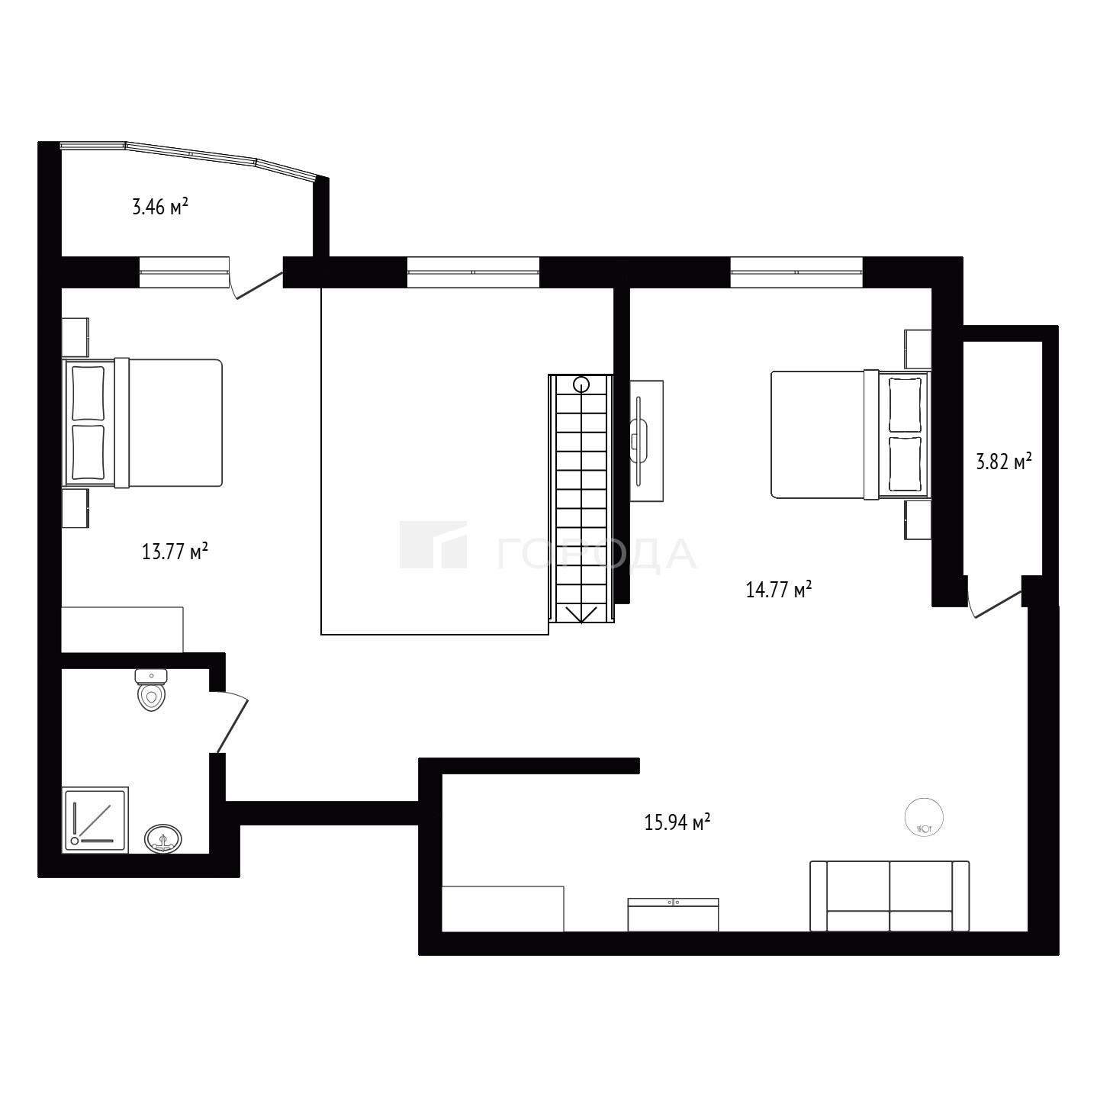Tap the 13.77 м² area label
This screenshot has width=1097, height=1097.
[x=174, y=552]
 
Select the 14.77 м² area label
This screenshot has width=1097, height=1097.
[x=779, y=589]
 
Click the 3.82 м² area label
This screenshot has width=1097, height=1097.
[x=1004, y=461]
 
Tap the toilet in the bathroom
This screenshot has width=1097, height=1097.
[x=151, y=690]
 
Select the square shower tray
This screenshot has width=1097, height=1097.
[x=95, y=820]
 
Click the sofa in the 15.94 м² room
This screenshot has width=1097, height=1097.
[x=890, y=896]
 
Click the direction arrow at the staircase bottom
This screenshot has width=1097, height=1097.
[x=581, y=614]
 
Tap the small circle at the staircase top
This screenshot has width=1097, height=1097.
[x=581, y=384]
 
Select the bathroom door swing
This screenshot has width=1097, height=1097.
[x=230, y=722]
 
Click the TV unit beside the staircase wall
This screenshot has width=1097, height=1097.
[x=647, y=441]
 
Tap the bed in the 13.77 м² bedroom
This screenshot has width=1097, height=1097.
[x=143, y=423]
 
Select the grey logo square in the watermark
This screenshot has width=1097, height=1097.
[x=433, y=545]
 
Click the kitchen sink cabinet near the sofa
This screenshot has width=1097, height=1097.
[x=673, y=914]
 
